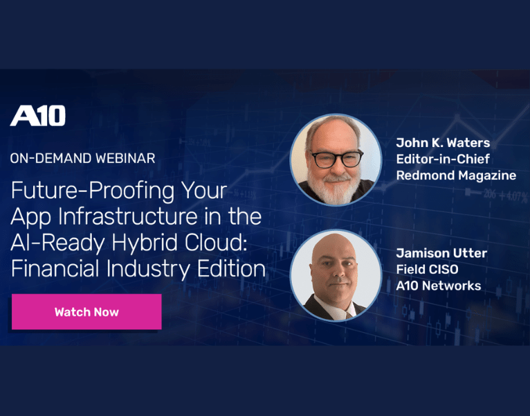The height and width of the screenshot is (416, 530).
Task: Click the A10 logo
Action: pyautogui.click(x=38, y=116)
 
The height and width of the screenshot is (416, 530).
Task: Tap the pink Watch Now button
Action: pyautogui.click(x=86, y=312)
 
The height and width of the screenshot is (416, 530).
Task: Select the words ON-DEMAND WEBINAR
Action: pyautogui.click(x=82, y=158)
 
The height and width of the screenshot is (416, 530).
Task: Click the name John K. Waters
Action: pyautogui.click(x=443, y=143)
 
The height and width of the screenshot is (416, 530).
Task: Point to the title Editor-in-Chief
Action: pyautogui.click(x=444, y=159)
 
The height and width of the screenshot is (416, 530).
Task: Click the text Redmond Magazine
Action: pyautogui.click(x=456, y=175)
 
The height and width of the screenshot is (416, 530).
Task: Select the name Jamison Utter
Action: pyautogui.click(x=441, y=253)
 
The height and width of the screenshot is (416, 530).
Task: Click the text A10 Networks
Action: pyautogui.click(x=438, y=286)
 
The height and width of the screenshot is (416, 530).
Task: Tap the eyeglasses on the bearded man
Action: pyautogui.click(x=336, y=159)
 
